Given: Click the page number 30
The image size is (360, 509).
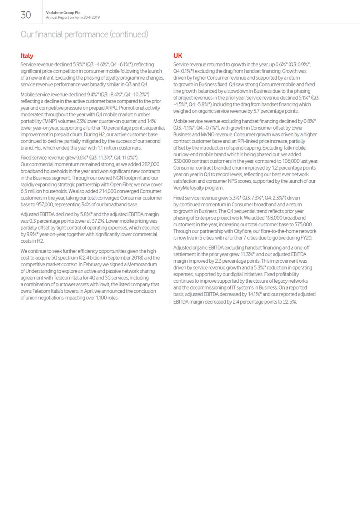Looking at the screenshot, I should tap(26, 15).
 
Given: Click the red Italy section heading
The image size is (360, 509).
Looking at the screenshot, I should tap(27, 56).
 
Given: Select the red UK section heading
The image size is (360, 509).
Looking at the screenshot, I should tap(177, 56).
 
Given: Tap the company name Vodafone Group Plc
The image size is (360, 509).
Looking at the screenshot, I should tap(63, 12).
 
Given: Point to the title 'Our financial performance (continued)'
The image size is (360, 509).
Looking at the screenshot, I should tap(84, 34).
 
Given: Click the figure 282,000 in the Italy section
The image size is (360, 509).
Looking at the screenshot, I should tap(150, 165).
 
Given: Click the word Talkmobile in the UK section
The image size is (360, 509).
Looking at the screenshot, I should tap(294, 148).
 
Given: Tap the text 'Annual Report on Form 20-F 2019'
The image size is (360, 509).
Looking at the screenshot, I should tap(72, 17).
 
